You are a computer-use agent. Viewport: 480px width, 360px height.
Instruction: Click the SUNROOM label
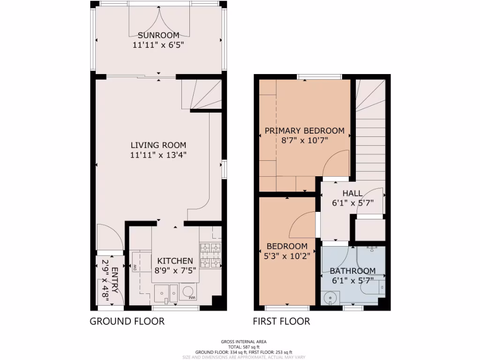(158, 35)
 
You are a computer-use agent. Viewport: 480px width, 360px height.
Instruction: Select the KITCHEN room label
(175, 261)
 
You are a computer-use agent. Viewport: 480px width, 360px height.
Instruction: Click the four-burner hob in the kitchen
(210, 255)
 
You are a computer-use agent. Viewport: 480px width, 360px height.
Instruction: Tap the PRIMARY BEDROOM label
(304, 131)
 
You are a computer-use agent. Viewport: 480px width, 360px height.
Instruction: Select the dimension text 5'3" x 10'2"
(287, 256)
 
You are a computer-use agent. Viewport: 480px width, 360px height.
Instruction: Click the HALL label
(352, 193)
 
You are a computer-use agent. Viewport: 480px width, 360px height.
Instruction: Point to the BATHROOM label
(352, 271)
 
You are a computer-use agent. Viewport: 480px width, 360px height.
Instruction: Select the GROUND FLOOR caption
(127, 321)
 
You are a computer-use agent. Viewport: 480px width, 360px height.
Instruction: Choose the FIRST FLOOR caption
(281, 321)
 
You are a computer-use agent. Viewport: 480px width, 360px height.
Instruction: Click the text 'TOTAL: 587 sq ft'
(240, 347)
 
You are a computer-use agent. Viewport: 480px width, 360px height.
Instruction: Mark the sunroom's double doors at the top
(159, 21)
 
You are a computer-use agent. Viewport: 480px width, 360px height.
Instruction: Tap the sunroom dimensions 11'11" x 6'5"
(158, 45)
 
